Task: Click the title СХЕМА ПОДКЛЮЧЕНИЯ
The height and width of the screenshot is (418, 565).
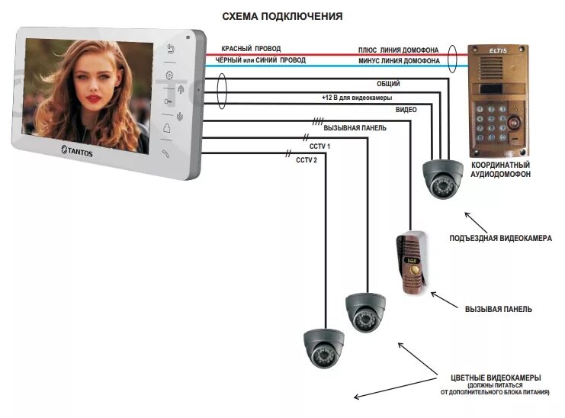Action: [x=282, y=16]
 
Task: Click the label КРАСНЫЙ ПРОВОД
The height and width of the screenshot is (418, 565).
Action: [x=251, y=49]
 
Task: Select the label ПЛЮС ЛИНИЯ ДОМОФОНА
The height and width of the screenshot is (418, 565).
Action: [x=398, y=50]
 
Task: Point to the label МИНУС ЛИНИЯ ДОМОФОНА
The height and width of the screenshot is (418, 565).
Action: [x=398, y=61]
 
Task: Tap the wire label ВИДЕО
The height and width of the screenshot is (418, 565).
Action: [x=406, y=110]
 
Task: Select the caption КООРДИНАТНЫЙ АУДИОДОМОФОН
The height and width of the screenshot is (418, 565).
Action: [x=501, y=169]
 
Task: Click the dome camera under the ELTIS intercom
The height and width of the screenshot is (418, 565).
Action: [x=441, y=178]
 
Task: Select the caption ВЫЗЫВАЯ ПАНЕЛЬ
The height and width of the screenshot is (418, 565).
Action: [x=499, y=309]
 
